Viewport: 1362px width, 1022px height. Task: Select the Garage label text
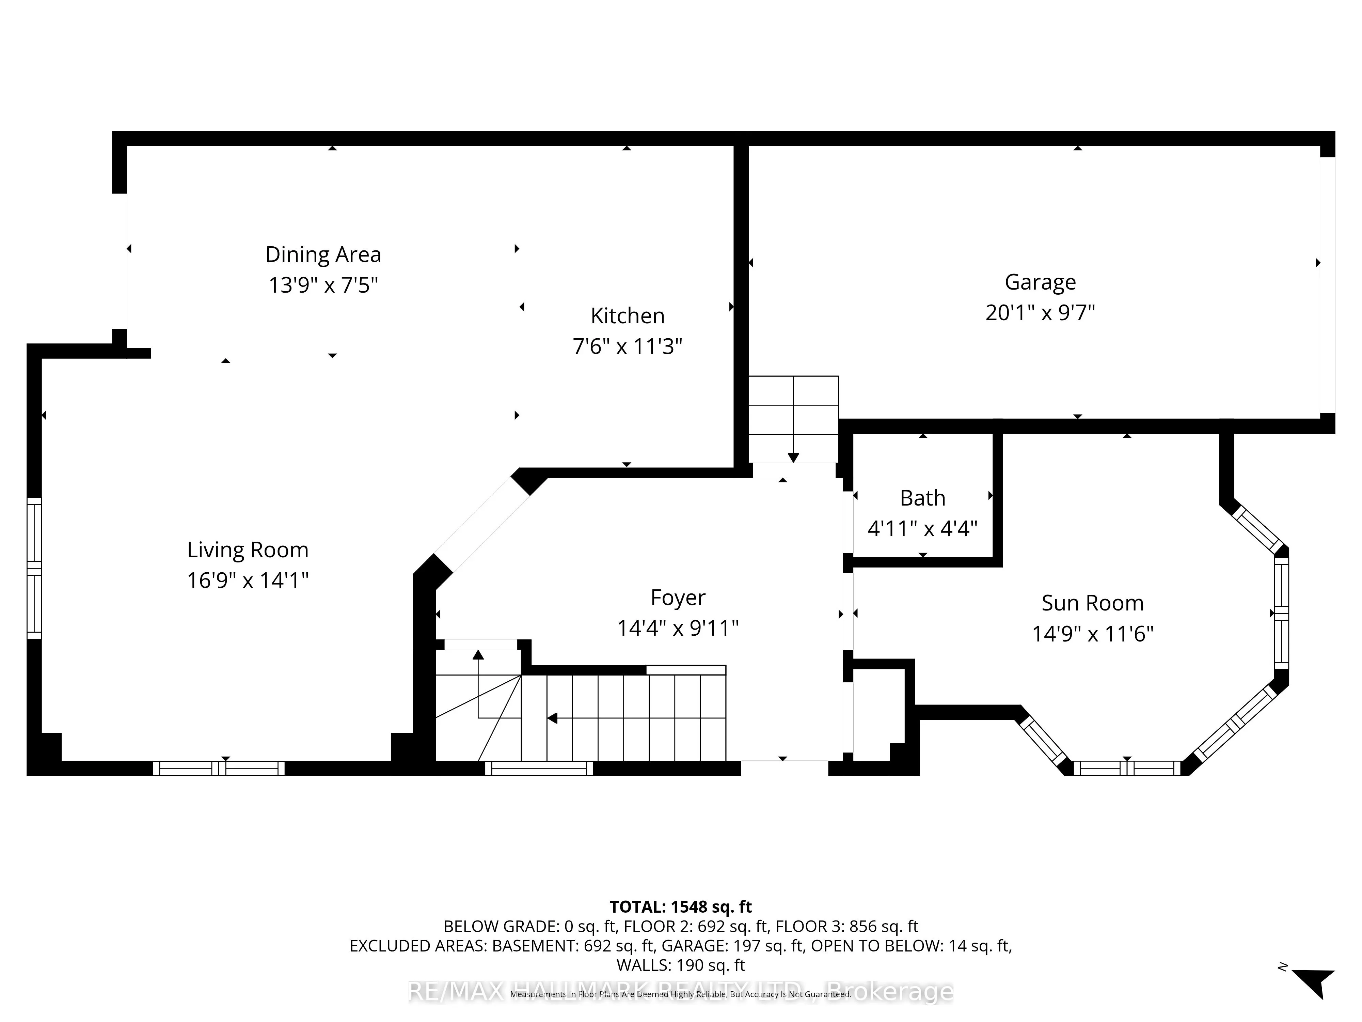point(1040,282)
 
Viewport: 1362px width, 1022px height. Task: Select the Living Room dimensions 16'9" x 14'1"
point(248,580)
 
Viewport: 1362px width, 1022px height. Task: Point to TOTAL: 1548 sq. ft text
point(680,907)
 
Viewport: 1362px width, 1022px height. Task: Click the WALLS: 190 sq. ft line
point(680,965)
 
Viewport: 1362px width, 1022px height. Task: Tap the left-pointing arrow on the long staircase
point(552,718)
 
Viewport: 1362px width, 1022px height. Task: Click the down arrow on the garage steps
point(793,457)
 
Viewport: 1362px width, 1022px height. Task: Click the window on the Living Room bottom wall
point(219,768)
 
